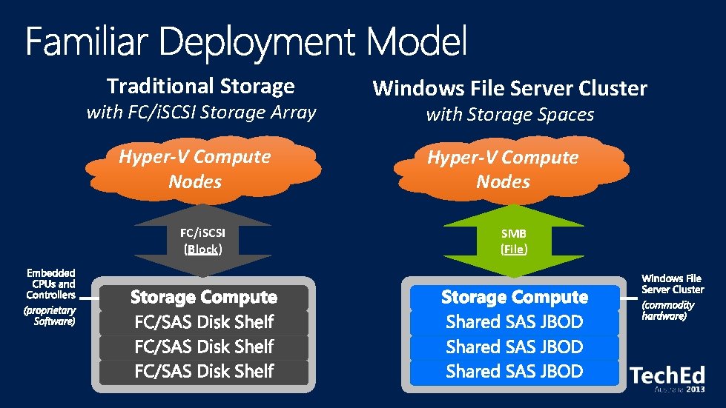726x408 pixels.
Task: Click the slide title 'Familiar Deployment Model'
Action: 247,42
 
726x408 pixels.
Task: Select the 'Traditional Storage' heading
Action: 200,86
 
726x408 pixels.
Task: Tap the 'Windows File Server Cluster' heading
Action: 509,88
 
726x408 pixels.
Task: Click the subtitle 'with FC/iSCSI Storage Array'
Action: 201,113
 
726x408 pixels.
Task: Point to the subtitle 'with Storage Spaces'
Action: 509,114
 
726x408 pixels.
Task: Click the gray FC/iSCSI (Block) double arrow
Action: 203,241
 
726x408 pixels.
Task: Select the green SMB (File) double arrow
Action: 514,241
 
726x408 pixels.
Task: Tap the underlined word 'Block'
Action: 203,250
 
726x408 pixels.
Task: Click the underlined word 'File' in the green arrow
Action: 514,250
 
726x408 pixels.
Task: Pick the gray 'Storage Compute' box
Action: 203,298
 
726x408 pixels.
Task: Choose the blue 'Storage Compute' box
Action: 514,298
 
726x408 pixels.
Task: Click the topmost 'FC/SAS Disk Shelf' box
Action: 204,322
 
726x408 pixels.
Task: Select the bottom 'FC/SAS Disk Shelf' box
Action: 204,371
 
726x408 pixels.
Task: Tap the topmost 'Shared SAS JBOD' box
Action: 514,322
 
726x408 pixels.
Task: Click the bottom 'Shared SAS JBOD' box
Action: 514,371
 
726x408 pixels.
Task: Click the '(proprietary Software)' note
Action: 50,315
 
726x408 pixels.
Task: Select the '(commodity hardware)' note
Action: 668,310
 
